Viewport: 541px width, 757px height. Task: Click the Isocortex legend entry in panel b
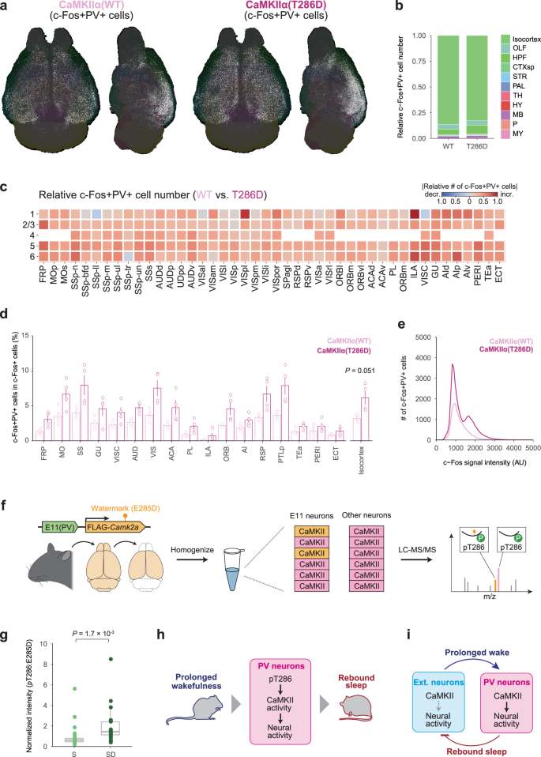520,38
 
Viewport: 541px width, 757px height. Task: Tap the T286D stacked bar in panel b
475,88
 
